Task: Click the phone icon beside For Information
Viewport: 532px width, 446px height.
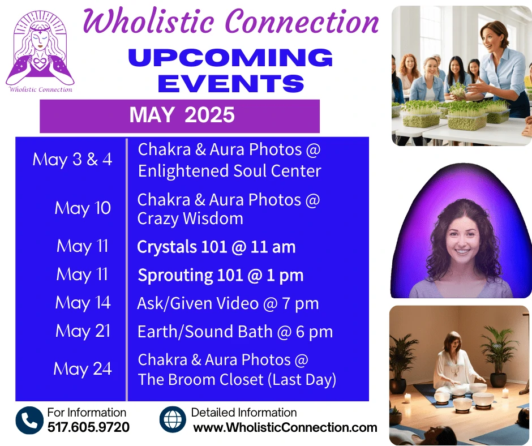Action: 29,420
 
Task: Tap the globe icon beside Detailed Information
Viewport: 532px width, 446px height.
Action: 173,419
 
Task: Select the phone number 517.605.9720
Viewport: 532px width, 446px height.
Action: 88,427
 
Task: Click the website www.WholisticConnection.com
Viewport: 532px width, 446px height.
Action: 285,427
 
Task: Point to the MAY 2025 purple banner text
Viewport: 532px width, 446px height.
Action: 182,115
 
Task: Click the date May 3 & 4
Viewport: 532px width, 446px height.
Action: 72,159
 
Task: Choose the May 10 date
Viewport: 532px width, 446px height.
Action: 83,208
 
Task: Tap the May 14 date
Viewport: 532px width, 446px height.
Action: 83,303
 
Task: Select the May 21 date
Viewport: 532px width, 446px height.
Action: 83,331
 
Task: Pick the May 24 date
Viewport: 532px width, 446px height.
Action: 83,369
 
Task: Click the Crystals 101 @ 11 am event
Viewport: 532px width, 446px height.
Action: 216,247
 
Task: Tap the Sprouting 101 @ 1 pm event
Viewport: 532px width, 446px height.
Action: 221,275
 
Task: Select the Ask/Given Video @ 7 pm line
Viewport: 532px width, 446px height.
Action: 228,303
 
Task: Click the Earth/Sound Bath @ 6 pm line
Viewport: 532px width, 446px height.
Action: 235,332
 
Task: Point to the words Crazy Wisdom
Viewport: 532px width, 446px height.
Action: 190,218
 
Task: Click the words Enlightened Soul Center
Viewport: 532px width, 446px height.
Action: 229,171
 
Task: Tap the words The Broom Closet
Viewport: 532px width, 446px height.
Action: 200,379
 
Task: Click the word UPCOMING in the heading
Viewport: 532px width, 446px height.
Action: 231,57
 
